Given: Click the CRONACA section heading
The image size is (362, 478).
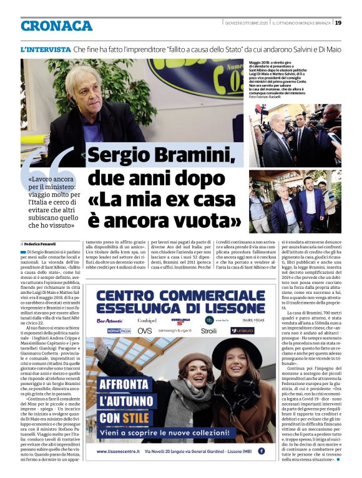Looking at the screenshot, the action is [x=56, y=26].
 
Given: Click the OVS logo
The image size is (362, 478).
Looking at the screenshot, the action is [x=145, y=331].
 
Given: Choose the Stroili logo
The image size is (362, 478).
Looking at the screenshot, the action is [x=208, y=331].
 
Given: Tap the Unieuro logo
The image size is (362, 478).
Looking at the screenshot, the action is [x=242, y=331].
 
